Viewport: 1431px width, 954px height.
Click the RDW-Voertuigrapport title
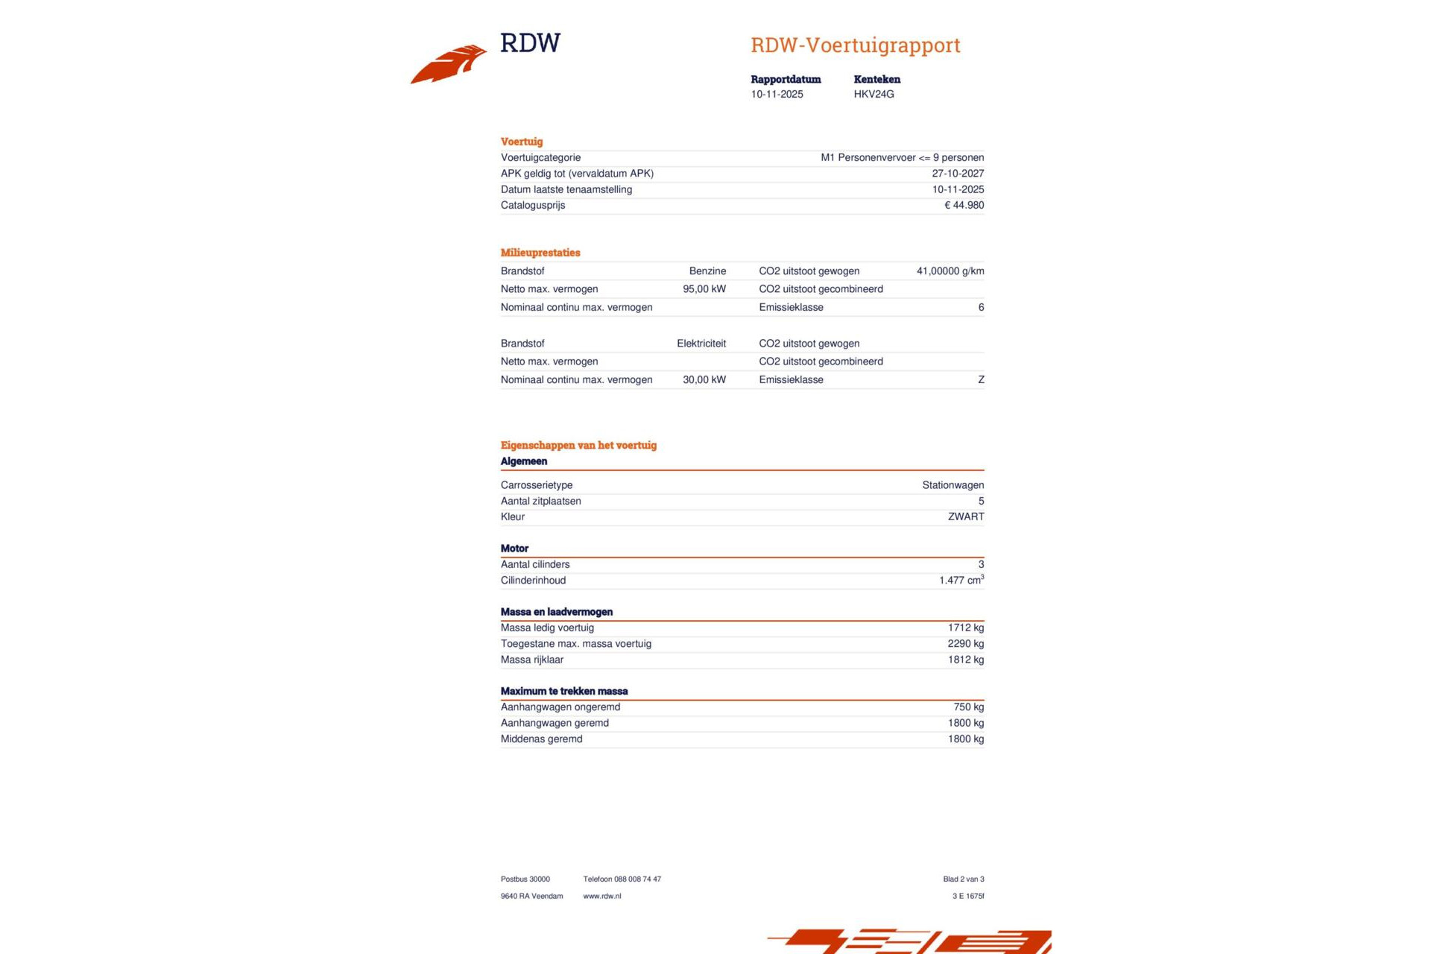[855, 45]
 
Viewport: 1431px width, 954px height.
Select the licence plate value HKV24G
[874, 95]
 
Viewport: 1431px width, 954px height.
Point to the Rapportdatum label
[786, 79]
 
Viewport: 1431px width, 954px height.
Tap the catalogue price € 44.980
[964, 206]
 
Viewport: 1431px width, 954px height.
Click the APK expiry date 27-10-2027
[958, 174]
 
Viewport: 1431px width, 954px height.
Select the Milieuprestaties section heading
[540, 253]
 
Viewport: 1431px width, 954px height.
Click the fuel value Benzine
[707, 271]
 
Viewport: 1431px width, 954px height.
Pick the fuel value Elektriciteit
[701, 344]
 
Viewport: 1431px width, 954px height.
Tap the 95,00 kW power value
[704, 289]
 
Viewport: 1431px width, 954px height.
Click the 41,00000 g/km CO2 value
[950, 271]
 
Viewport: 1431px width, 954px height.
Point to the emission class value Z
[981, 380]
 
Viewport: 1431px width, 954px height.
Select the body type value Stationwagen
[953, 485]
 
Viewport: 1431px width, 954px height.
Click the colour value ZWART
[966, 517]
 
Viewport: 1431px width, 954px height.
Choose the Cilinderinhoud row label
[533, 581]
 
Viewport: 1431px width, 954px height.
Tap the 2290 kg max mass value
[965, 644]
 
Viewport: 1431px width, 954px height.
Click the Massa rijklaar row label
[532, 660]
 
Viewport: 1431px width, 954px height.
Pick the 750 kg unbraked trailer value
[968, 707]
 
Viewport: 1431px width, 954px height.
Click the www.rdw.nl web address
[601, 897]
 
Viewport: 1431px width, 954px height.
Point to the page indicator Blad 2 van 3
[963, 879]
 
